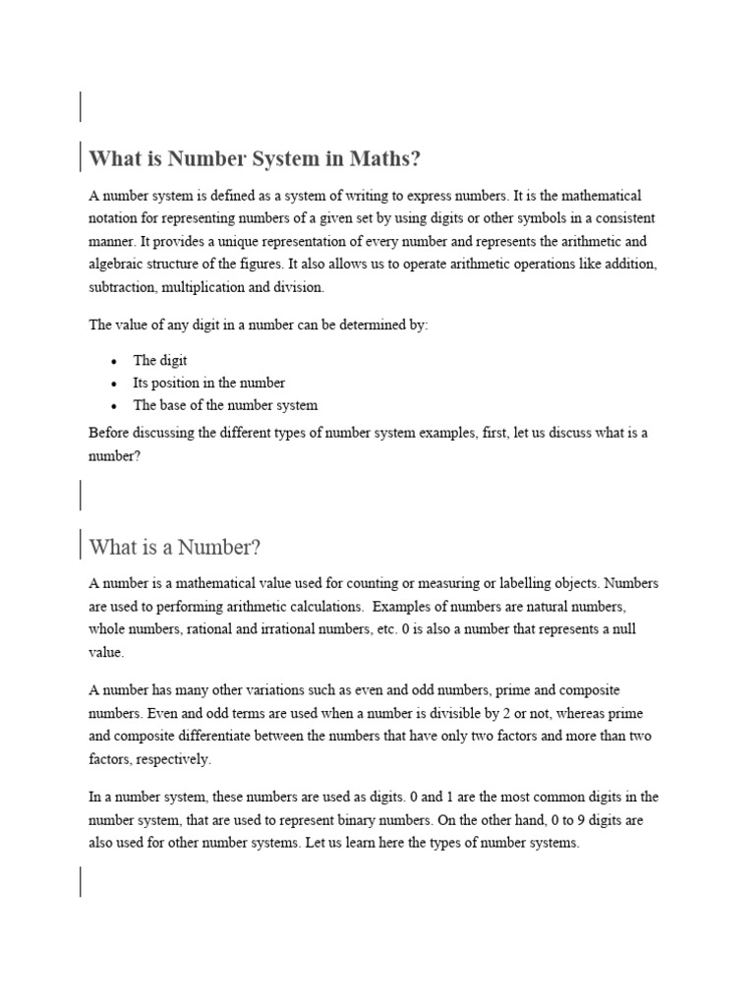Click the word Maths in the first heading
pyautogui.click(x=384, y=158)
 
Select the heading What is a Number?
pyautogui.click(x=174, y=547)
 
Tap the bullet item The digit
pyautogui.click(x=160, y=360)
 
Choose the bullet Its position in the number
pyautogui.click(x=208, y=383)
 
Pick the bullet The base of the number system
pyautogui.click(x=225, y=405)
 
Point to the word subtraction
pyautogui.click(x=122, y=287)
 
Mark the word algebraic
pyautogui.click(x=118, y=265)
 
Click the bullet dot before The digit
pyautogui.click(x=113, y=361)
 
